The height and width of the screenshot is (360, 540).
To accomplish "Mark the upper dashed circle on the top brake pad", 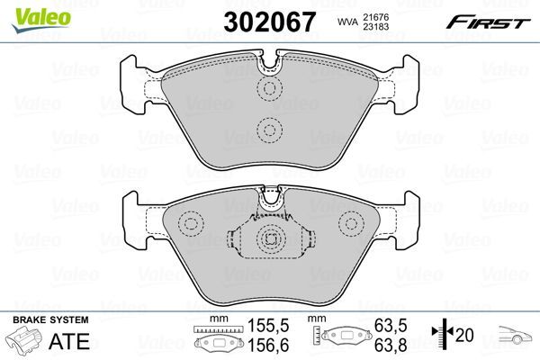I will [269, 88].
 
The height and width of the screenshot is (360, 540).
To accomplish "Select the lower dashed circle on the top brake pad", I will [269, 130].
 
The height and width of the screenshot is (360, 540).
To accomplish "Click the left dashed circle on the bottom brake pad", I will [192, 223].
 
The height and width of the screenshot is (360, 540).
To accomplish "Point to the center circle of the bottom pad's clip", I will [269, 238].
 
